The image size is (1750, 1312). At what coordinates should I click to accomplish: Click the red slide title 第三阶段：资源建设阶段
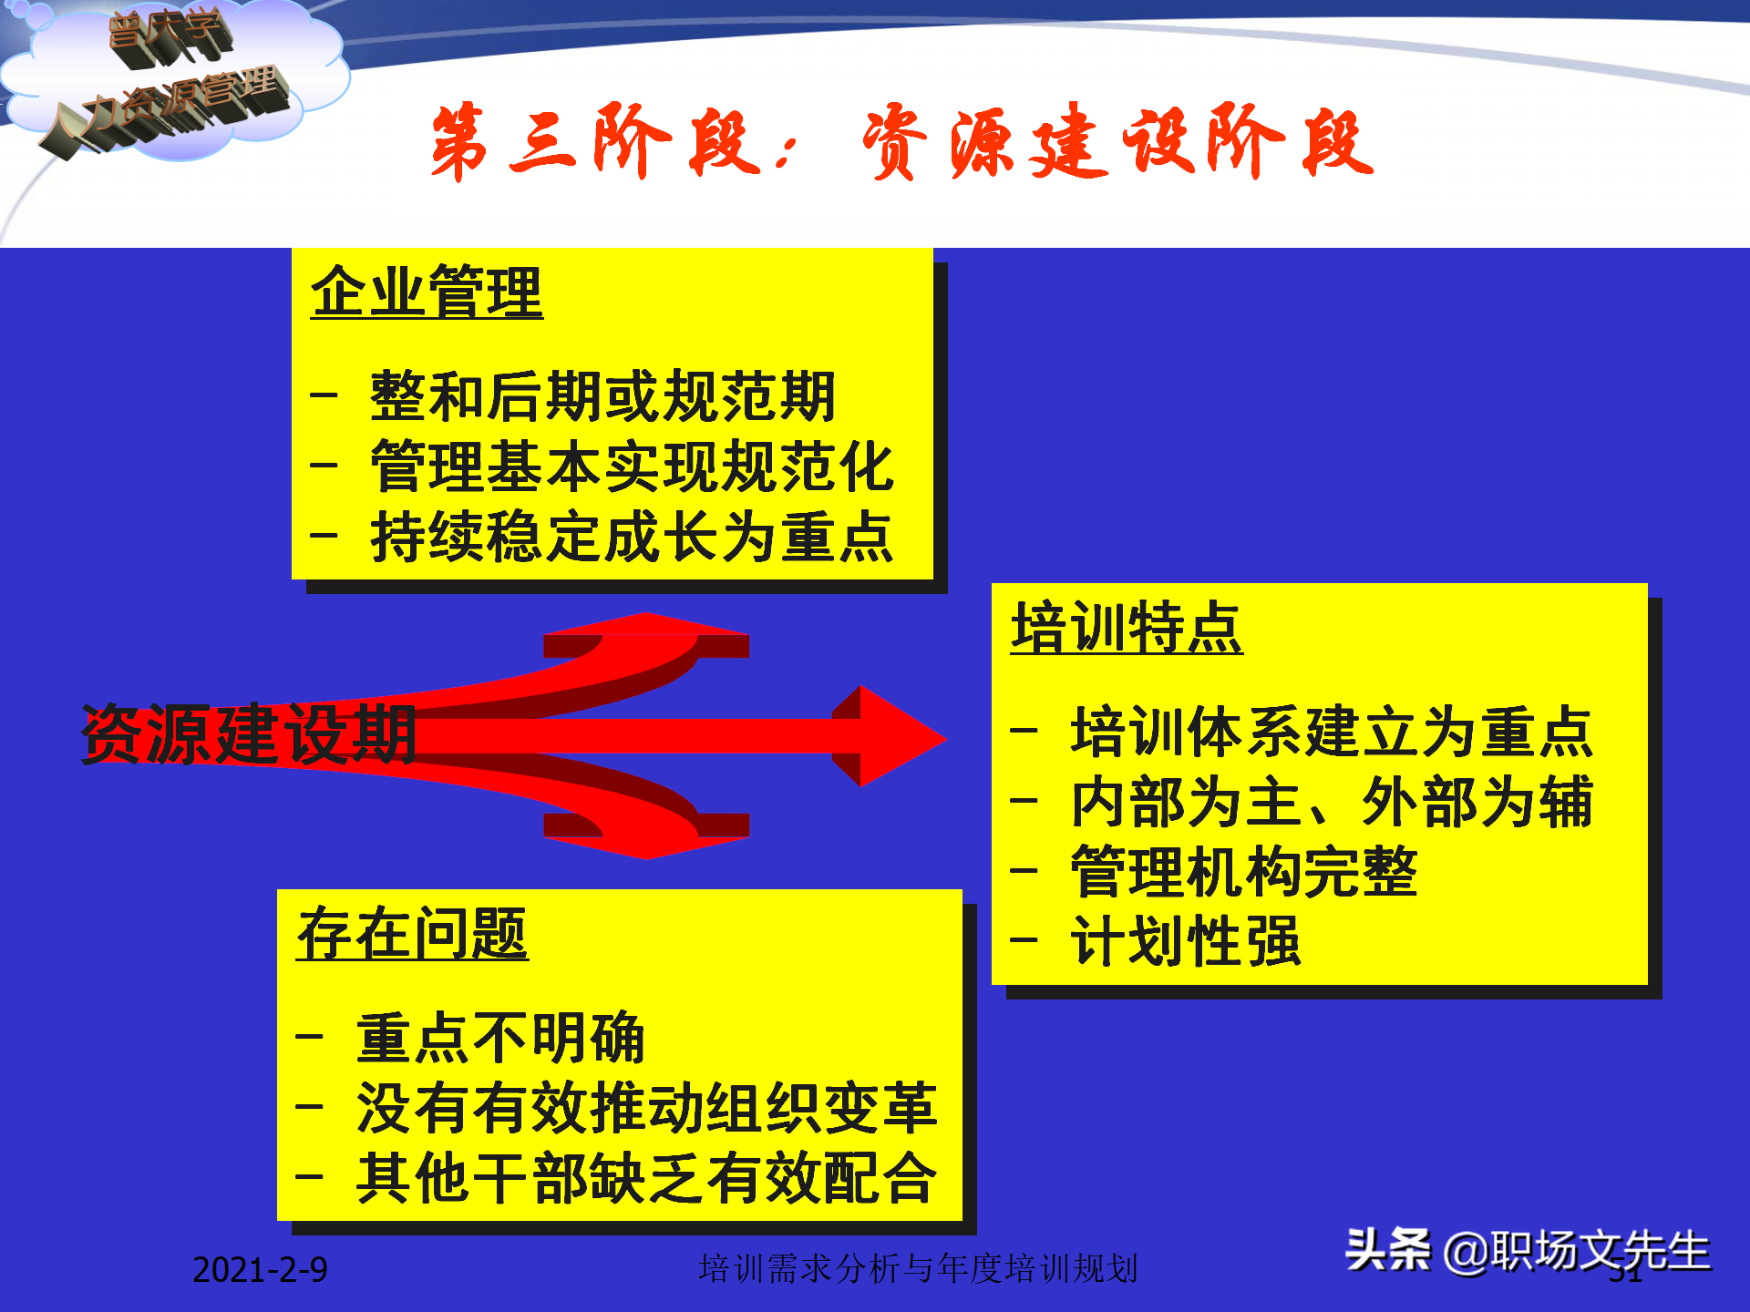(x=902, y=142)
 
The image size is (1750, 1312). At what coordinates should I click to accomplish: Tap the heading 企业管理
(x=427, y=292)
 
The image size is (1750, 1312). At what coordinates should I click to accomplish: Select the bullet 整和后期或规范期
(x=602, y=397)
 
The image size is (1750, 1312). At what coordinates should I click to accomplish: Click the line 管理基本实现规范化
(x=632, y=467)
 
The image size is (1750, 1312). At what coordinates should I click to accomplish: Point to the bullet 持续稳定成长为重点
(x=632, y=538)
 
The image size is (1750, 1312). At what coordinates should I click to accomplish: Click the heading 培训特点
(x=1127, y=629)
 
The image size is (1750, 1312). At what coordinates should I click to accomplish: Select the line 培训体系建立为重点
(x=1331, y=733)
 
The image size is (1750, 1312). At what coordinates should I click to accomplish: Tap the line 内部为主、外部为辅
(x=1331, y=803)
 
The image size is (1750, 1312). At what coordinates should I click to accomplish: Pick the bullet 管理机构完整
(x=1243, y=873)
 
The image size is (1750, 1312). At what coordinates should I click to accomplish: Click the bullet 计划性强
(x=1185, y=942)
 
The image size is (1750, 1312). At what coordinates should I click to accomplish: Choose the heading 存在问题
(x=412, y=935)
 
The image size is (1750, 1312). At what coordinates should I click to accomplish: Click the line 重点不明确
(x=499, y=1039)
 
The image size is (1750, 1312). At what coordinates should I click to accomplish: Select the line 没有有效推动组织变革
(x=646, y=1109)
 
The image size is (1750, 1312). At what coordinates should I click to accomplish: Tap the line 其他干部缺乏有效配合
(x=646, y=1179)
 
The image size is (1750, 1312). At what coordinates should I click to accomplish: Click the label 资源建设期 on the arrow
(x=249, y=734)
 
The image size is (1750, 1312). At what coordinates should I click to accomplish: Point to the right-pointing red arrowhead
(x=898, y=736)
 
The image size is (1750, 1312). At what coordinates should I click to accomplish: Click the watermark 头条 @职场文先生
(x=1527, y=1251)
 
